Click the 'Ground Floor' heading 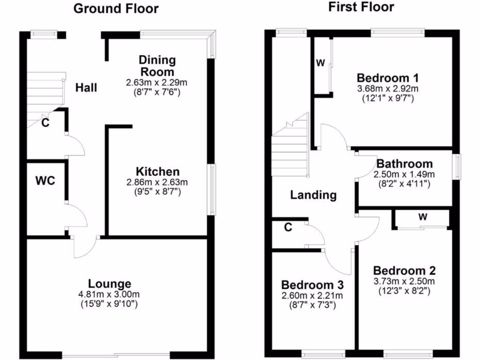pyautogui.click(x=116, y=8)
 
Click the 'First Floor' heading pyautogui.click(x=361, y=7)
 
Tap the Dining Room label pyautogui.click(x=157, y=66)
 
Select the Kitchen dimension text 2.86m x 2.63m pyautogui.click(x=157, y=182)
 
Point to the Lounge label pyautogui.click(x=110, y=284)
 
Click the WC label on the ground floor pyautogui.click(x=45, y=180)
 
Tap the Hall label pyautogui.click(x=87, y=88)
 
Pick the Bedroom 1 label pyautogui.click(x=388, y=78)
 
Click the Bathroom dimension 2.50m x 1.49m pyautogui.click(x=404, y=174)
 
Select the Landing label pyautogui.click(x=313, y=195)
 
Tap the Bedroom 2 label pyautogui.click(x=404, y=270)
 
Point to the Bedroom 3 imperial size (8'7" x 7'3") pyautogui.click(x=312, y=305)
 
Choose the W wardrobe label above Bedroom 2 pyautogui.click(x=423, y=217)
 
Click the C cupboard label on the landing pyautogui.click(x=288, y=228)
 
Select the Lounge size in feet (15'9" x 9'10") pyautogui.click(x=110, y=304)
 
